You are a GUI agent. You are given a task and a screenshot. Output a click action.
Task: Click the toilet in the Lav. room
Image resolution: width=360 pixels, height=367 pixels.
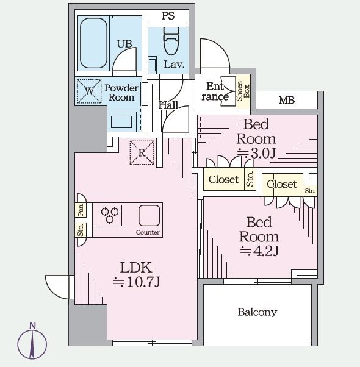pyautogui.click(x=171, y=41)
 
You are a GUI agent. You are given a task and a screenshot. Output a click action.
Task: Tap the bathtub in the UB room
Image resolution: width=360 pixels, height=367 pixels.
pyautogui.click(x=94, y=43)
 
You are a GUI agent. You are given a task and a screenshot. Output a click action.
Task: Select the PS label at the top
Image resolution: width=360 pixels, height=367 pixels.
pyautogui.click(x=168, y=16)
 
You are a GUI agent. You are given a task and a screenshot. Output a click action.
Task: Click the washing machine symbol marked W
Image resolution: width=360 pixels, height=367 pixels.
pyautogui.click(x=89, y=91)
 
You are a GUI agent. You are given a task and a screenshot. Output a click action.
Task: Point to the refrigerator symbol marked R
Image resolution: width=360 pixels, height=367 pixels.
pyautogui.click(x=142, y=152)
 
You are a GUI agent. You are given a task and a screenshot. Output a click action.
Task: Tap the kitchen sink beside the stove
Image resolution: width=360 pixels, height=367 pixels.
pyautogui.click(x=149, y=215)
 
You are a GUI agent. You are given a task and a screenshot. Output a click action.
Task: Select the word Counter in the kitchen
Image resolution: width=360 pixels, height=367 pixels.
pyautogui.click(x=148, y=232)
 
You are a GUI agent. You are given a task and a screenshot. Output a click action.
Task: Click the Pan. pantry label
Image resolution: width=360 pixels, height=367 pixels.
pyautogui.click(x=81, y=210)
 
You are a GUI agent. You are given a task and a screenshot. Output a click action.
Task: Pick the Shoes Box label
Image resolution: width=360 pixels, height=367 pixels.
pyautogui.click(x=243, y=91)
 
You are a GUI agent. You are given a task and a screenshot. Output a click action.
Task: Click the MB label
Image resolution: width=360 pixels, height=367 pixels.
pyautogui.click(x=287, y=101)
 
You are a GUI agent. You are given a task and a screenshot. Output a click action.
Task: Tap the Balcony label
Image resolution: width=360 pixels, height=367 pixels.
pyautogui.click(x=257, y=312)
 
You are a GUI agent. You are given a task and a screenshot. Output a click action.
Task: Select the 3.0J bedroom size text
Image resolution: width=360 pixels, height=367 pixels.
pyautogui.click(x=257, y=154)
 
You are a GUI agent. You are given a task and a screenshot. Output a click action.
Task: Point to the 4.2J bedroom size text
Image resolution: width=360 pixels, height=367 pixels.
pyautogui.click(x=259, y=251)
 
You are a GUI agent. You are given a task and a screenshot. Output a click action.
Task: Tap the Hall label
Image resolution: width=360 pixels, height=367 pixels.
pyautogui.click(x=168, y=105)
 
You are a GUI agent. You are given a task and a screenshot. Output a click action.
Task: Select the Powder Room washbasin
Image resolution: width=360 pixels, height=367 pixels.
pyautogui.click(x=121, y=122)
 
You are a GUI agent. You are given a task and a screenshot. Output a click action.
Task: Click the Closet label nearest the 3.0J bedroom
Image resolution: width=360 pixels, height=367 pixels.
pyautogui.click(x=223, y=180)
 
